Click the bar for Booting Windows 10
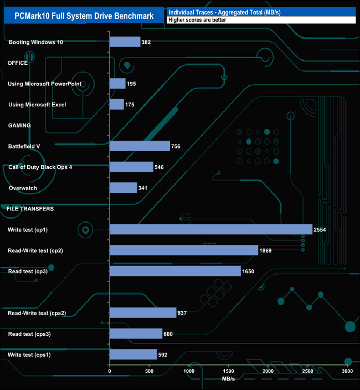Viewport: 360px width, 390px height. tap(125, 42)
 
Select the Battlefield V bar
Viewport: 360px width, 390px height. tap(140, 146)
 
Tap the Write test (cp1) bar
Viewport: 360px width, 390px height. tap(211, 229)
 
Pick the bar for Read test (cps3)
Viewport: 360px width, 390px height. tap(136, 333)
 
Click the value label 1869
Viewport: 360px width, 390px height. tap(267, 250)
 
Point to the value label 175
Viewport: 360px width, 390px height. tap(131, 105)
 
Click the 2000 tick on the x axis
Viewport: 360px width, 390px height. tap(269, 371)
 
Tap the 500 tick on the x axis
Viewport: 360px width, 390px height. tap(150, 371)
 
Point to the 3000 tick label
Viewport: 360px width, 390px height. tap(348, 371)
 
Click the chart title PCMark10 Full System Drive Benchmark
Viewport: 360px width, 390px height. tap(84, 14)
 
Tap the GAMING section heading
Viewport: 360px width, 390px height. tap(19, 125)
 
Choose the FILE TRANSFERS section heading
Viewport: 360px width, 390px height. tap(30, 209)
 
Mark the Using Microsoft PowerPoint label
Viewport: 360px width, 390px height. tap(45, 84)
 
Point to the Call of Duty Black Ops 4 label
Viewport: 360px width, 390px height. tap(40, 167)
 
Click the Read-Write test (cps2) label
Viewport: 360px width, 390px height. tap(45, 313)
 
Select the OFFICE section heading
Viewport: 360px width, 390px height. tap(18, 63)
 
